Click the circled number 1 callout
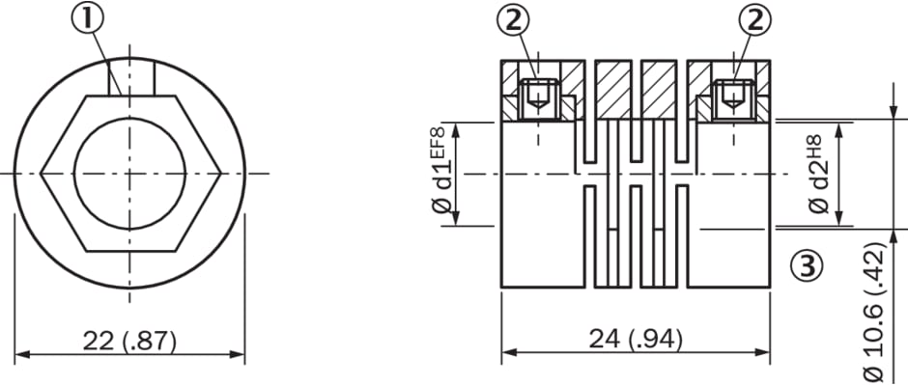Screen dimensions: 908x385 coord(88,19)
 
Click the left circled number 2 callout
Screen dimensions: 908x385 coord(513,21)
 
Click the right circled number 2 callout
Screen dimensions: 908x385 coord(755,21)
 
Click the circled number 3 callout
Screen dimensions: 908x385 coord(806,265)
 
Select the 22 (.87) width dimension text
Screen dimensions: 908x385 coord(129,341)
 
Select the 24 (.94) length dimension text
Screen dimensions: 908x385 coord(636,339)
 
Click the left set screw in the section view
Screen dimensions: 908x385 coord(539,100)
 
